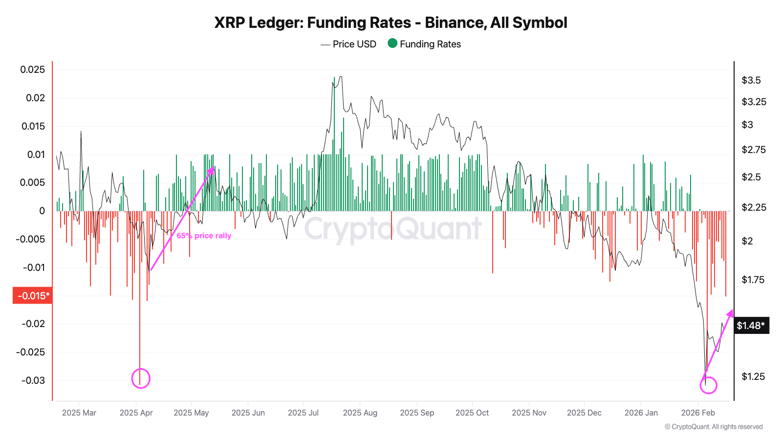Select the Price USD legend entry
pyautogui.click(x=348, y=44)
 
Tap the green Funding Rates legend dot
pyautogui.click(x=392, y=44)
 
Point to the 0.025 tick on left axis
pyautogui.click(x=32, y=69)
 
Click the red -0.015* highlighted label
pyautogui.click(x=33, y=296)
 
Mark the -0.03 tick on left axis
pyautogui.click(x=32, y=380)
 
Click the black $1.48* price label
pyautogui.click(x=751, y=326)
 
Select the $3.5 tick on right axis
pyautogui.click(x=751, y=80)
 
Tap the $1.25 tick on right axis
pyautogui.click(x=753, y=376)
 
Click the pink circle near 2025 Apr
pyautogui.click(x=141, y=379)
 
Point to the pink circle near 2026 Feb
pyautogui.click(x=708, y=385)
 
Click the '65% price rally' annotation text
pyautogui.click(x=204, y=236)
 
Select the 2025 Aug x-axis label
pyautogui.click(x=360, y=413)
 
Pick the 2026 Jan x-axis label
pyautogui.click(x=641, y=413)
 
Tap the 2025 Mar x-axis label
pyautogui.click(x=79, y=413)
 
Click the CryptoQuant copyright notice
pyautogui.click(x=714, y=427)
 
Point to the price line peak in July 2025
pyautogui.click(x=340, y=77)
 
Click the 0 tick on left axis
pyautogui.click(x=42, y=211)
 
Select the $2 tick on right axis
pyautogui.click(x=747, y=241)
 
